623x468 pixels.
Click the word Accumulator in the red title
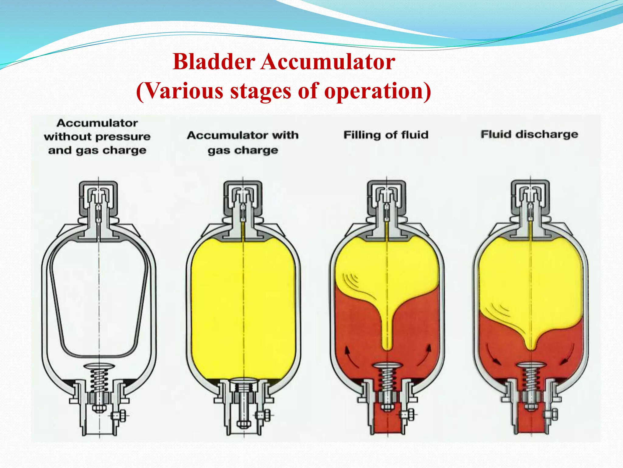click(328, 62)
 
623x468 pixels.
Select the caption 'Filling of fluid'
click(386, 135)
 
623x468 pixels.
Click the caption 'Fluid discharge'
click(529, 134)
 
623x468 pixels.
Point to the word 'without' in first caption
click(69, 136)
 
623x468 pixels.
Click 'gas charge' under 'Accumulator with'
click(243, 150)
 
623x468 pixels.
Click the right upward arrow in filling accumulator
click(425, 355)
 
